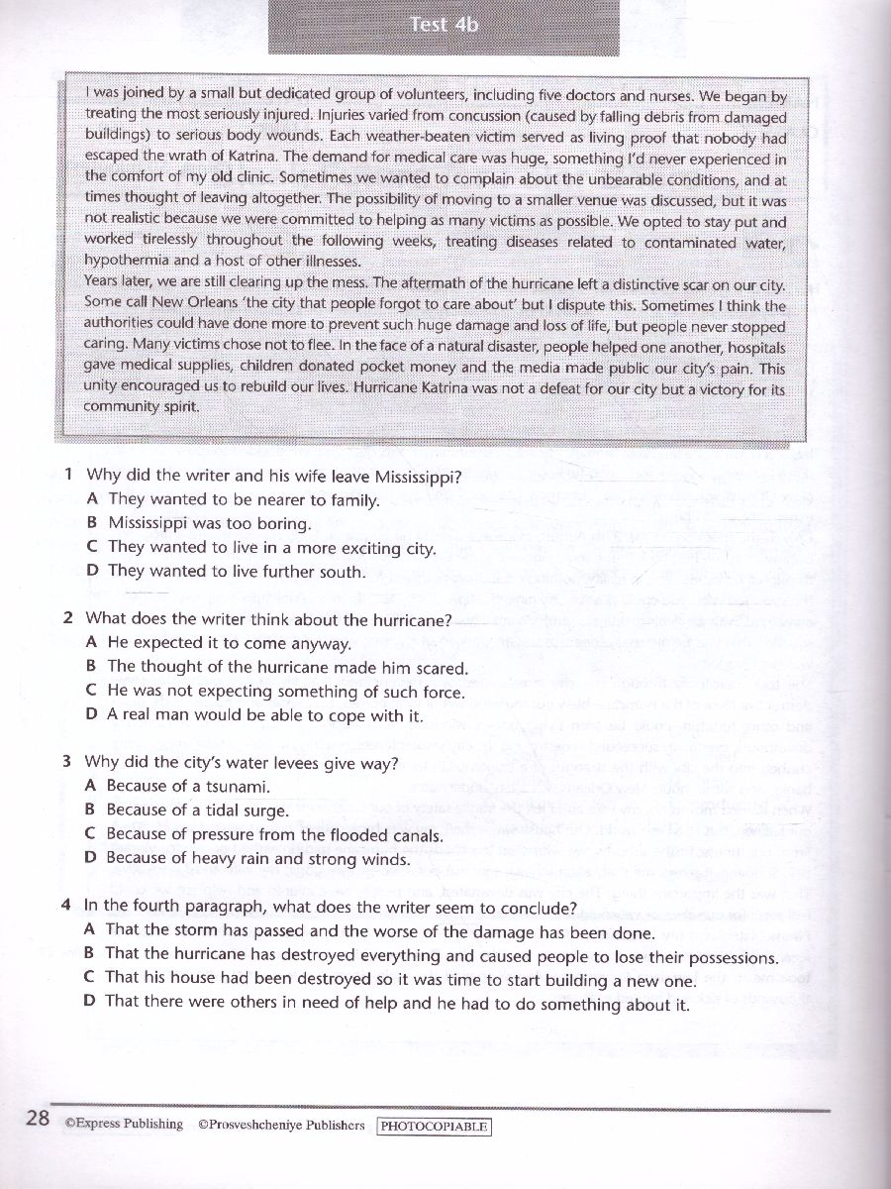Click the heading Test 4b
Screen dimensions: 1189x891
[x=445, y=26]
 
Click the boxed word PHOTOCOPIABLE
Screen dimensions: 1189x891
[x=435, y=1127]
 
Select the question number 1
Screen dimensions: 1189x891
[x=68, y=476]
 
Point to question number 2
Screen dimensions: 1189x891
[x=68, y=619]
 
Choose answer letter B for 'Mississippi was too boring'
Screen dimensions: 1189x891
[x=92, y=523]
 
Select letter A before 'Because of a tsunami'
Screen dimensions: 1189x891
[x=91, y=787]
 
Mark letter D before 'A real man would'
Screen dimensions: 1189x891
[x=91, y=714]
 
